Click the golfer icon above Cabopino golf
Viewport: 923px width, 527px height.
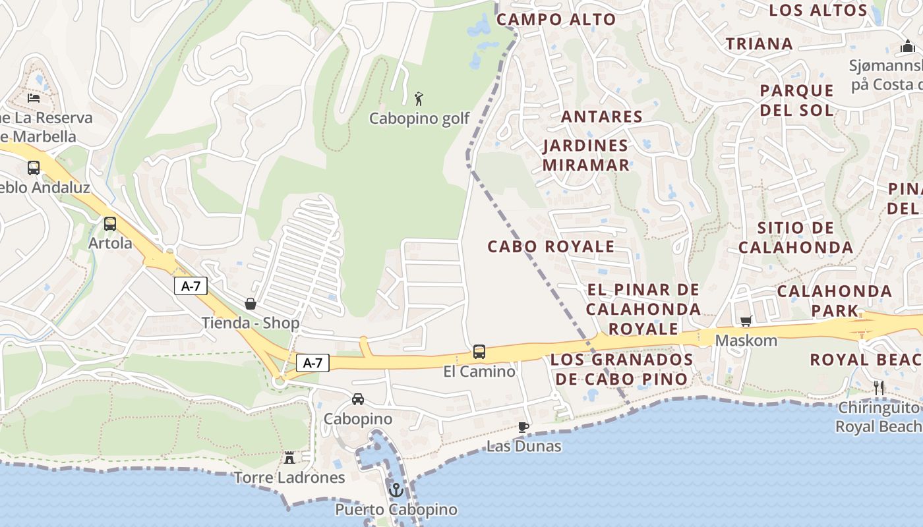coord(419,99)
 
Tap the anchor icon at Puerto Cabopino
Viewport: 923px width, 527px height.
coord(396,490)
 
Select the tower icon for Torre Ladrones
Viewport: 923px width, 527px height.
coord(289,458)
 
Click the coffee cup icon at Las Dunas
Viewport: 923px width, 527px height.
coord(523,427)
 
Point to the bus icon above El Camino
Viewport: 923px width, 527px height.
coord(479,352)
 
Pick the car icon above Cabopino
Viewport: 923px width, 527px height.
coord(358,399)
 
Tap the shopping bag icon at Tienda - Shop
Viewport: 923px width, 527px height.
coord(251,304)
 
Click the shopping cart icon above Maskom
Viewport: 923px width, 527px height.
coord(746,321)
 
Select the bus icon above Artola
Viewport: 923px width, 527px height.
coord(110,224)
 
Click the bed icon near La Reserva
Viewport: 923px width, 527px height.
coord(34,98)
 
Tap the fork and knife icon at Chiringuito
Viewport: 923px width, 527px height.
coord(878,388)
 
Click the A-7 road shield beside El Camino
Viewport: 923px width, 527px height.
coord(313,363)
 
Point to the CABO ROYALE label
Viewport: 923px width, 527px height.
coord(551,246)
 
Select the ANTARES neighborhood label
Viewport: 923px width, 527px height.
coord(601,117)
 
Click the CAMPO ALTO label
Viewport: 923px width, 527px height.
coord(556,20)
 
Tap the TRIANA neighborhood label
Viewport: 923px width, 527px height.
coord(759,44)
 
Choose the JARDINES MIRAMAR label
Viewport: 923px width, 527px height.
coord(586,155)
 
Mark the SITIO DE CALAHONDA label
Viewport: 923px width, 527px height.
coord(795,238)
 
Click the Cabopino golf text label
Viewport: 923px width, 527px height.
coord(419,119)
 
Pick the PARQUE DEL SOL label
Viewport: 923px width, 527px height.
coord(796,100)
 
